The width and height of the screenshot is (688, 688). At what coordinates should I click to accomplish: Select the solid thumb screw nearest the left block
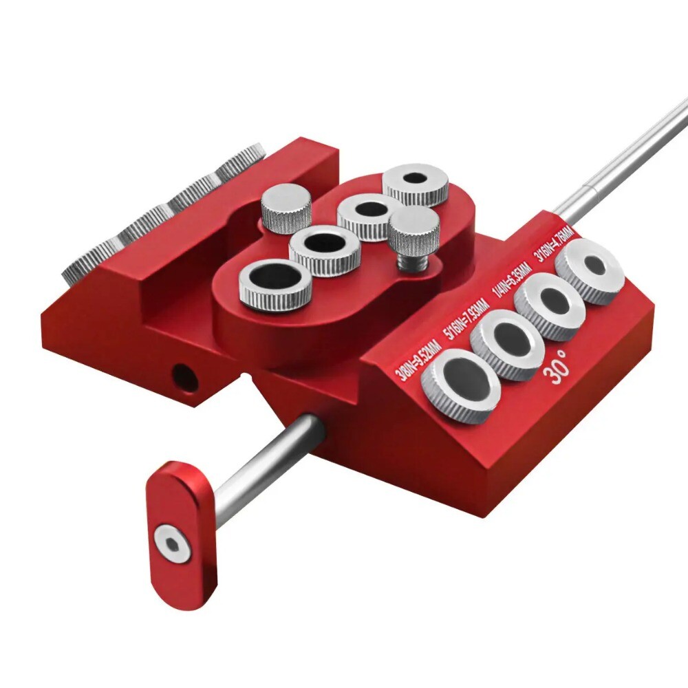point(286,207)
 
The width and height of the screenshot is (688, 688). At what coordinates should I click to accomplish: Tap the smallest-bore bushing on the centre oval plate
point(416,183)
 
